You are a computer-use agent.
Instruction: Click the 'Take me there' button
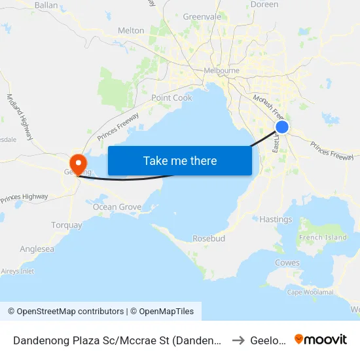[x=180, y=160]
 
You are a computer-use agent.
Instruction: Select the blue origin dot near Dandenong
[x=282, y=127]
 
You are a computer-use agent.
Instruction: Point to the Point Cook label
[x=171, y=98]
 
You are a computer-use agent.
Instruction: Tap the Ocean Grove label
[x=117, y=207]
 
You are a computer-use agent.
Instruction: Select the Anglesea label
[x=37, y=249]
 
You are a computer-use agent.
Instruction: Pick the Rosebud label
[x=209, y=239]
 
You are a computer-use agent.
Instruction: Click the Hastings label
[x=276, y=219]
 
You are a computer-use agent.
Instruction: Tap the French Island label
[x=323, y=237]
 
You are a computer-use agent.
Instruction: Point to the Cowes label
[x=287, y=263]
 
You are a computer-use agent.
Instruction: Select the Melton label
[x=131, y=31]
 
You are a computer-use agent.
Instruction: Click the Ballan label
[x=46, y=5]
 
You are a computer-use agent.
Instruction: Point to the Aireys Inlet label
[x=18, y=271]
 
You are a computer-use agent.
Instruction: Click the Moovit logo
[x=321, y=339]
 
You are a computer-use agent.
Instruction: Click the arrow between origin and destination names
[x=239, y=340]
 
